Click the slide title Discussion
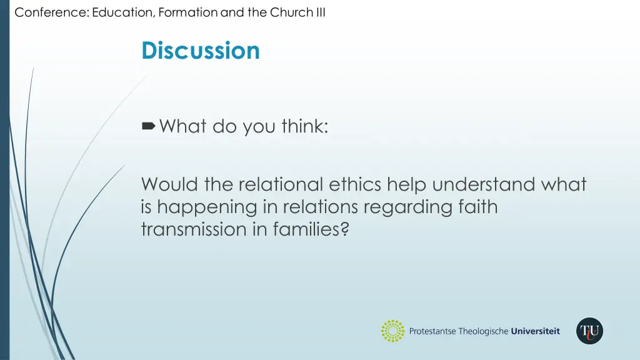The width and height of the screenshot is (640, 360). pos(200,51)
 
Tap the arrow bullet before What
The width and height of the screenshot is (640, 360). pos(149,127)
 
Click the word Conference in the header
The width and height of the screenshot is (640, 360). pos(51,13)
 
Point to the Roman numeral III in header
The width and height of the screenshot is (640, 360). pos(319,13)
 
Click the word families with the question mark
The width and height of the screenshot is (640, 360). pos(311,229)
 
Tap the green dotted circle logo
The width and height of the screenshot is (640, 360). pos(393,331)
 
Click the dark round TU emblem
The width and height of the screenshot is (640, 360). pos(589,331)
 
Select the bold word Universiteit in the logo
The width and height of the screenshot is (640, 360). pos(535,331)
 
